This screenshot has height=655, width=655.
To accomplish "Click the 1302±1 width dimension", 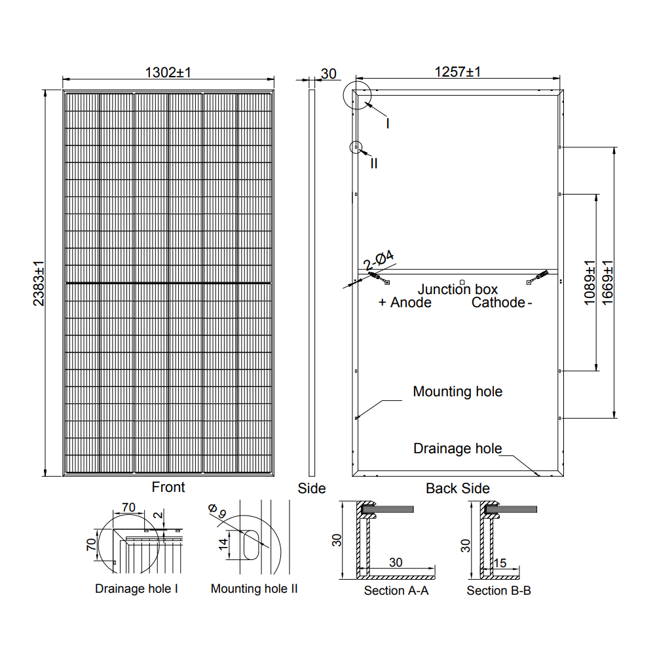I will click(168, 73).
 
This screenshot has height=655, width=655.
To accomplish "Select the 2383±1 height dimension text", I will click(39, 284).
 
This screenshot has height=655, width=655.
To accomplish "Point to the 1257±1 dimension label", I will click(458, 72).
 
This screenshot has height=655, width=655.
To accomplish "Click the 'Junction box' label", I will click(458, 290).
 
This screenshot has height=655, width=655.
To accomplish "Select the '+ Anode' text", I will click(405, 303).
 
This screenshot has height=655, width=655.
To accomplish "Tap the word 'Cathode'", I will click(498, 303).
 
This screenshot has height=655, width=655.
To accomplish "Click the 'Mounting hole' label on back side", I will click(457, 392).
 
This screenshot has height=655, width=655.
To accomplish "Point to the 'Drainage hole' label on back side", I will click(457, 449).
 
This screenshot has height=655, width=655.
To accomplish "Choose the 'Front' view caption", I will click(168, 487).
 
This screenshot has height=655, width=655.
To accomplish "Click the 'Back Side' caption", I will click(457, 489).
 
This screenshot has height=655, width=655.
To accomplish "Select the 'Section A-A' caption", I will click(396, 591).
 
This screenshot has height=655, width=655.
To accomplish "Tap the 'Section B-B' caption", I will click(498, 591).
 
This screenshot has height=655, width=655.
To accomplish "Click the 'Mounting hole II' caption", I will click(254, 589).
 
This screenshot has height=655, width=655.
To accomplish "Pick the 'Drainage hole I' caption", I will click(137, 589).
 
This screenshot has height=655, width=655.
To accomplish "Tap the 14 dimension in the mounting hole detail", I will click(223, 542).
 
